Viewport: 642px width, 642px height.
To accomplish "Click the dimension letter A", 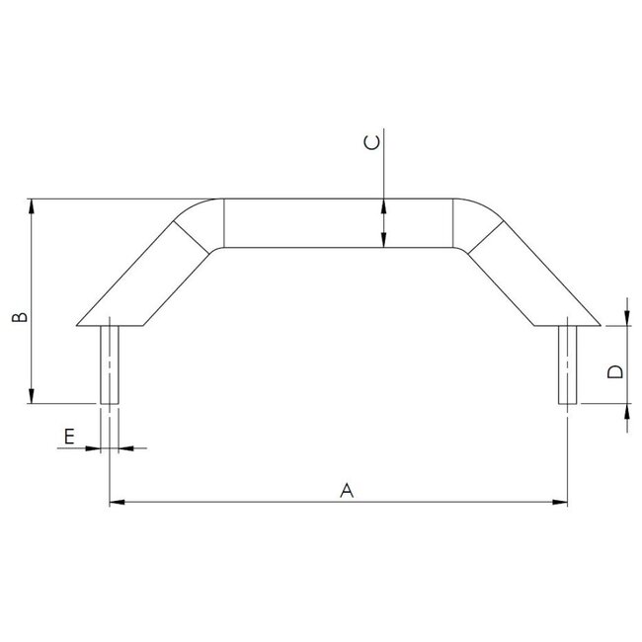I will [346, 489].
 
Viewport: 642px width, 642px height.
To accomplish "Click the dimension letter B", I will [18, 317].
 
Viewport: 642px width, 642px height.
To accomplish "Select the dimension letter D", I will [614, 372].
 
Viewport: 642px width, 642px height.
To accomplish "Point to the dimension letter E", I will [69, 435].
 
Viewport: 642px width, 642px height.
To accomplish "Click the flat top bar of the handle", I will [336, 223].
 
